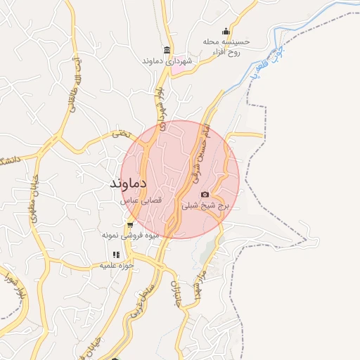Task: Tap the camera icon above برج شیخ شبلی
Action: coord(205,194)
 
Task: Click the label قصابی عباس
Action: coord(143,200)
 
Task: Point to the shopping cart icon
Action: coord(129,226)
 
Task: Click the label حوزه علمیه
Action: coord(116,266)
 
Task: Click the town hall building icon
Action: coord(166,49)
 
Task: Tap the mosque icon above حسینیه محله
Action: coord(225,31)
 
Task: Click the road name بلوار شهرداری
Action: coord(161,103)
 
